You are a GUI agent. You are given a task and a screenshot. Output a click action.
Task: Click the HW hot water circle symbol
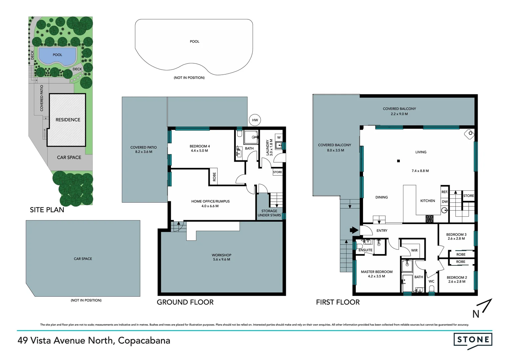point(255,120)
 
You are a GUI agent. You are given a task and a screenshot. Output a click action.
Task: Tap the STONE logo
point(473,340)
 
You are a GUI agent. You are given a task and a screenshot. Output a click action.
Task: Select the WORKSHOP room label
point(222,255)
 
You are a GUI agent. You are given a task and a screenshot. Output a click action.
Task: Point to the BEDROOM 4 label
point(200,146)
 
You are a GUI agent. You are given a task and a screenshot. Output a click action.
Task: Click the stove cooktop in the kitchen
point(429,219)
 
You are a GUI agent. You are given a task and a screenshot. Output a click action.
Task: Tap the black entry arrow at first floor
point(353,230)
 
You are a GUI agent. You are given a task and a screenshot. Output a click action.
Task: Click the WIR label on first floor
point(414,250)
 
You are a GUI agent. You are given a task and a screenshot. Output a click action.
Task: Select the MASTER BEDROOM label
point(376,272)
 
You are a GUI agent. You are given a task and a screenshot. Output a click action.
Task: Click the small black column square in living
point(398,161)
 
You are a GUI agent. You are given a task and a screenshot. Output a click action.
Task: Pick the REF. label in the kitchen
point(444,192)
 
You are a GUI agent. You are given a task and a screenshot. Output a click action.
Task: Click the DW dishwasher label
point(445,202)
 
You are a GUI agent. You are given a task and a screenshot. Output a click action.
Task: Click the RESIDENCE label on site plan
point(68,120)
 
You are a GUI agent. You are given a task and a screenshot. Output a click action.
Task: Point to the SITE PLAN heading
point(47,210)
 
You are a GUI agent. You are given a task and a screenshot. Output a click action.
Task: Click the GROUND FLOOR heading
point(185,302)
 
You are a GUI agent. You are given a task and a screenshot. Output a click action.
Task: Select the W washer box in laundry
point(279,138)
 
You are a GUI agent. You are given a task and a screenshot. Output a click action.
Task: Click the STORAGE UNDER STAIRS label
point(269,213)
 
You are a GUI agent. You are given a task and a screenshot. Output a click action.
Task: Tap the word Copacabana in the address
point(144,340)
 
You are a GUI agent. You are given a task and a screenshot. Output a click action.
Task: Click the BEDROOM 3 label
point(456,234)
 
